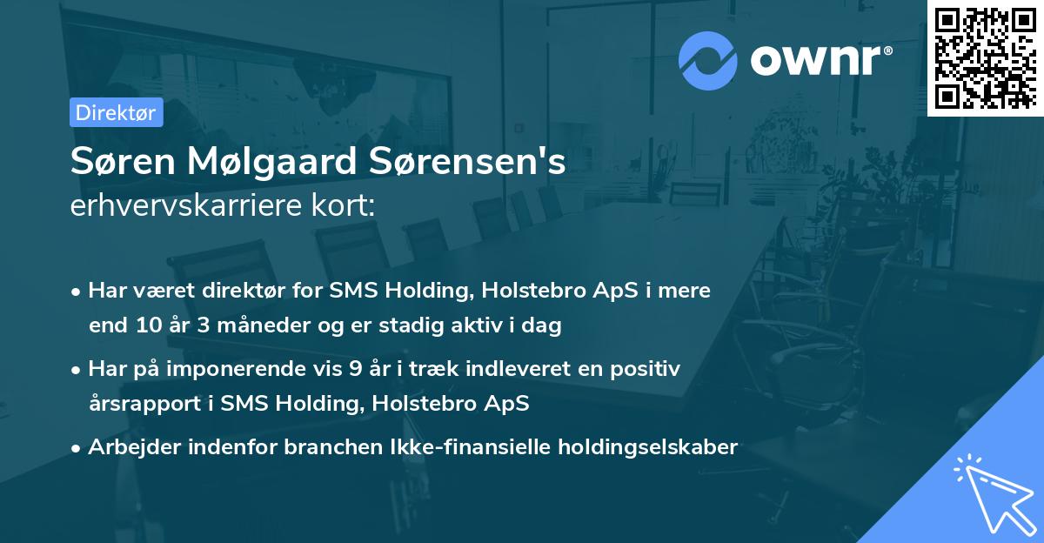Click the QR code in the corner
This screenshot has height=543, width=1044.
(986, 57)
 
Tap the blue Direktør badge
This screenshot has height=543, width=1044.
(116, 113)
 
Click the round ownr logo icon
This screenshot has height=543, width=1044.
(708, 60)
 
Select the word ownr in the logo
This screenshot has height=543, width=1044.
(820, 60)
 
